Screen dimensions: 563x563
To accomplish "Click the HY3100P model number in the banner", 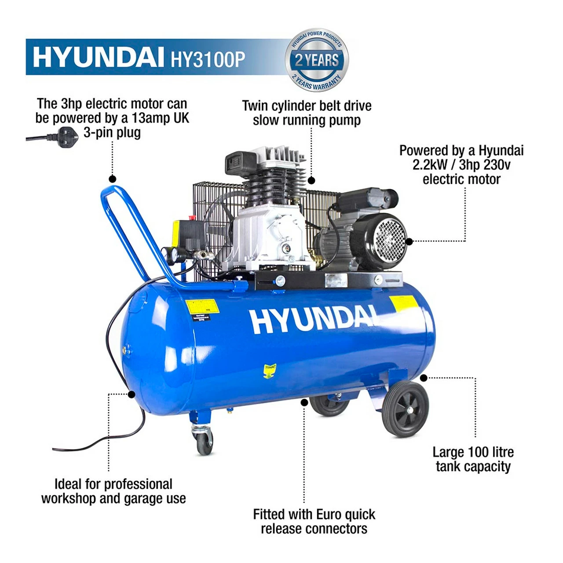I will pos(208,58).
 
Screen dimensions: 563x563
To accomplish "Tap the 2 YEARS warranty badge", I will pos(317,60).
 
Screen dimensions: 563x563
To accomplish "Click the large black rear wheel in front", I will pos(405,409).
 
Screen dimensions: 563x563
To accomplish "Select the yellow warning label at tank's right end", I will pos(403,303).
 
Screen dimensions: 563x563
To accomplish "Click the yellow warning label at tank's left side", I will pos(202,307).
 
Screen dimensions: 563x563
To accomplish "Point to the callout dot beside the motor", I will pos(409,241).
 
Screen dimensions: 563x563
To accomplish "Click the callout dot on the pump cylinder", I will pos(311,180).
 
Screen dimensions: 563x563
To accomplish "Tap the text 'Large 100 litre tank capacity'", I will pos(473,459).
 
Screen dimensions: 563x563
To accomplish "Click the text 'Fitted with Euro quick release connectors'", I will pos(314,521).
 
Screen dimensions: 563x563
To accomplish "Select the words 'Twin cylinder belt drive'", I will pos(307,106).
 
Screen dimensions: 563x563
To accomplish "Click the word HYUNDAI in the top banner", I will pos(95,58).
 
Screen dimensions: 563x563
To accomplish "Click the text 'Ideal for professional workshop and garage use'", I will pos(113,491).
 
